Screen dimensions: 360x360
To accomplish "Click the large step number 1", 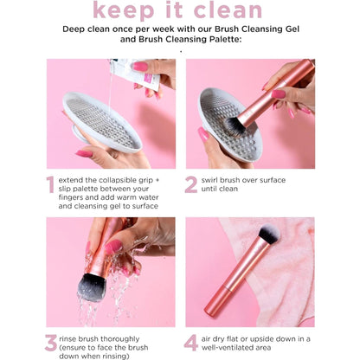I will tap(50, 183).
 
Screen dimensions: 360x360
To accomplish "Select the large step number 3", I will tap(51, 344).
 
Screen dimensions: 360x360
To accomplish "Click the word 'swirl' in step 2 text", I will tap(221, 178).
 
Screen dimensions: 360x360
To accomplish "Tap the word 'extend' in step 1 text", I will tap(80, 178).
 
